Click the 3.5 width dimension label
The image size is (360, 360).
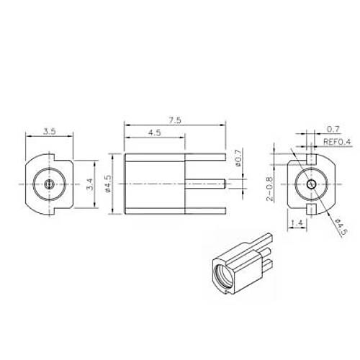[50, 132]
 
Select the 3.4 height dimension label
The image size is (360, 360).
[90, 184]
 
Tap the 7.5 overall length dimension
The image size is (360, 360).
[175, 120]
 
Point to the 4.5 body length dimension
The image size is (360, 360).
[155, 132]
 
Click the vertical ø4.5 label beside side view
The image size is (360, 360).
[108, 184]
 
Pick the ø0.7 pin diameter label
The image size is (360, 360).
[238, 158]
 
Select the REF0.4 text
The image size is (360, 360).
[337, 142]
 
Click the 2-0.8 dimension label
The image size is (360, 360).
[269, 189]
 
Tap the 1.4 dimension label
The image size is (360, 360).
[297, 223]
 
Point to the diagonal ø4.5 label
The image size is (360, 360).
[342, 227]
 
